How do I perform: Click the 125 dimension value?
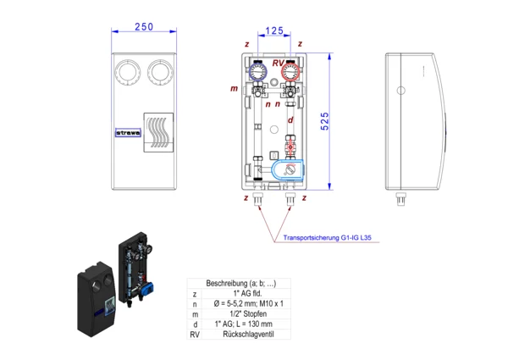click(274, 31)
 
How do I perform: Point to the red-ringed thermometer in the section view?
click(290, 70)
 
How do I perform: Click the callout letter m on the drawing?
click(234, 88)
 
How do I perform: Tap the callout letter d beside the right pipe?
click(291, 121)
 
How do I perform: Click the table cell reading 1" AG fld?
click(238, 293)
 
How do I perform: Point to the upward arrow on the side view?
click(419, 71)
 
